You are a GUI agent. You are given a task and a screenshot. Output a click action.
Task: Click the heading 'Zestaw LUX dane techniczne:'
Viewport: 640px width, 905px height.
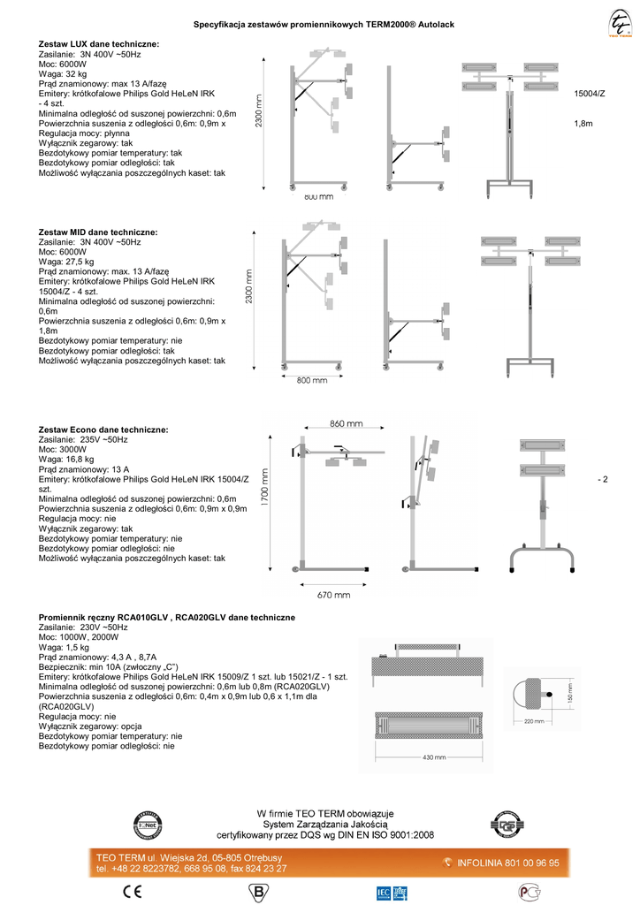(99, 43)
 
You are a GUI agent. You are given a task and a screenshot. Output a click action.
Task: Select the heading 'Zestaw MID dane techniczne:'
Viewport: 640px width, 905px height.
(98, 231)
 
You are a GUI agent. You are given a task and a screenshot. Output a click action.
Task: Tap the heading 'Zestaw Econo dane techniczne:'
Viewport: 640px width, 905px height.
(103, 429)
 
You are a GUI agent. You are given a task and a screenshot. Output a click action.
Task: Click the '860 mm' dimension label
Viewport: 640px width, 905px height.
(346, 423)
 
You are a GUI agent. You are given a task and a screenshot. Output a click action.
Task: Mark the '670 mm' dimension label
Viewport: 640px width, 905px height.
(333, 595)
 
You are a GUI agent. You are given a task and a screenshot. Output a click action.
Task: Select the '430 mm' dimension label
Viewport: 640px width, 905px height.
(434, 757)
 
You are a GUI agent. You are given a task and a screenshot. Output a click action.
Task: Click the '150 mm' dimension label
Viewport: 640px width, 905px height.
(571, 696)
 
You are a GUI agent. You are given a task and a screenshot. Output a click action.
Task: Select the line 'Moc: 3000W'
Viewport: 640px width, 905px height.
(63, 449)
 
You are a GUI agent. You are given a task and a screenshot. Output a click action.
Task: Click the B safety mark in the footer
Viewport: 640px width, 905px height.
(263, 889)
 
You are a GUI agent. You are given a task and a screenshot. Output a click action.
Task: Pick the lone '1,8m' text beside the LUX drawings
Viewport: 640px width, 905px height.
(583, 124)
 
